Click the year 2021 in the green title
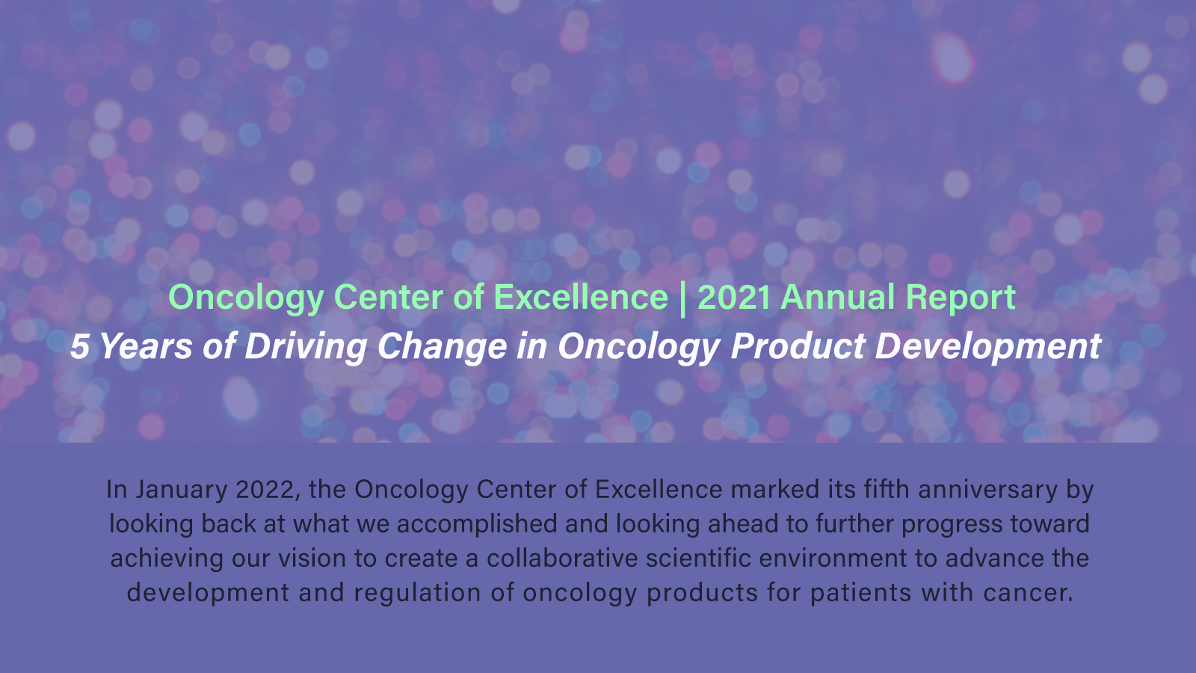coord(733,297)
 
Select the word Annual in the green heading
coord(837,297)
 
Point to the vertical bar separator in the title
coord(683,300)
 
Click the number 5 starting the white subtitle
coord(79,346)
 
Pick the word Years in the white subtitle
coord(146,346)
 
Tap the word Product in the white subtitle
coord(798,346)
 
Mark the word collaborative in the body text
coord(562,559)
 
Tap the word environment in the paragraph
coord(833,559)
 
